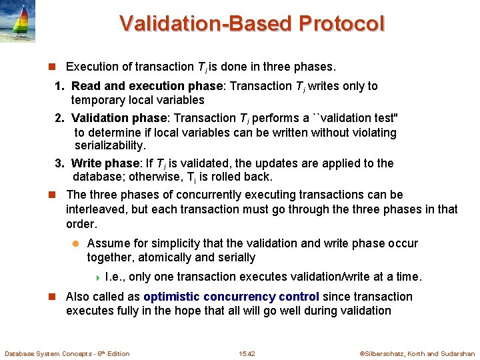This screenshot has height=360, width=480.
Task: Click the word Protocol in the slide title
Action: click(341, 24)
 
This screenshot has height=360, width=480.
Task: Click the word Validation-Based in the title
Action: click(207, 24)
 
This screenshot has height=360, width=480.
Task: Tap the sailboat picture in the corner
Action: click(18, 21)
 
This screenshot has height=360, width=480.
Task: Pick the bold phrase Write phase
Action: click(103, 163)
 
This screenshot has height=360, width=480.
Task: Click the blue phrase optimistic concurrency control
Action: click(231, 297)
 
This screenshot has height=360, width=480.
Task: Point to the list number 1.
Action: click(59, 86)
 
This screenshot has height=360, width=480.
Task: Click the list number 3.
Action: click(59, 163)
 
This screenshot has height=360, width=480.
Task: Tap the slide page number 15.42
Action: click(247, 353)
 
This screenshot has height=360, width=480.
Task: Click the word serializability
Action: click(109, 145)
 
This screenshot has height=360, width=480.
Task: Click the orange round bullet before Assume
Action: click(75, 244)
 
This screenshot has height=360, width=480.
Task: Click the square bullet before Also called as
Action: click(49, 297)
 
